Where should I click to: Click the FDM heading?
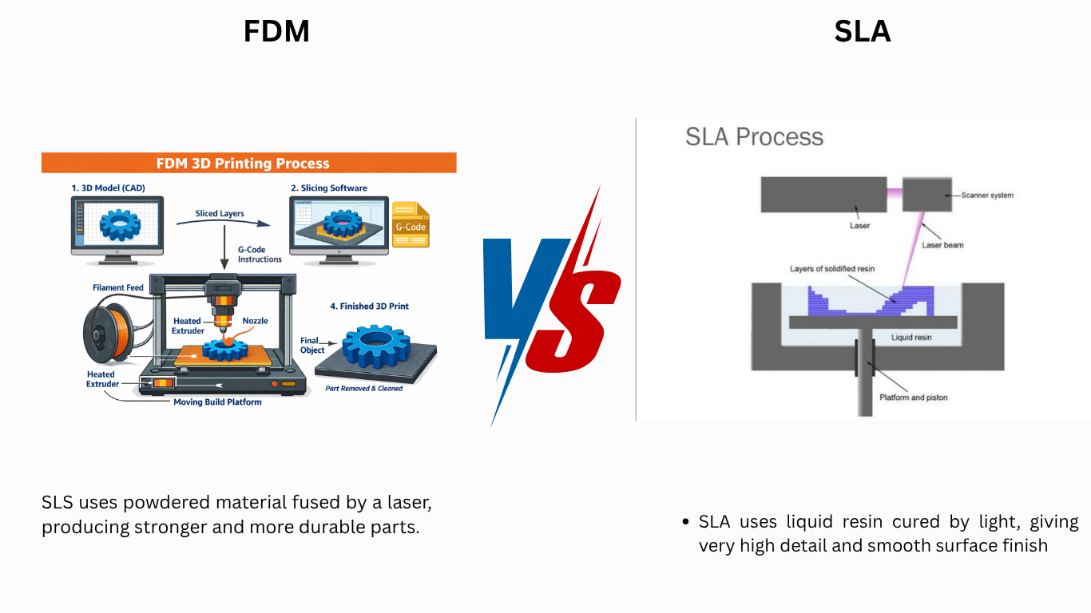click(x=276, y=32)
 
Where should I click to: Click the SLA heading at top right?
click(x=863, y=32)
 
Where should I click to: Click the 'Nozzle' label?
click(x=256, y=321)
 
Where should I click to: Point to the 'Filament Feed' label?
click(x=118, y=287)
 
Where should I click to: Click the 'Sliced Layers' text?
click(x=220, y=214)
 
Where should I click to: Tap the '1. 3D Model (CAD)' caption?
click(x=108, y=188)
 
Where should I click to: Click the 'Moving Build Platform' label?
click(x=217, y=402)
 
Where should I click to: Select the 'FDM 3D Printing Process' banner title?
click(x=248, y=164)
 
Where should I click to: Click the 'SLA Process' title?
click(x=754, y=136)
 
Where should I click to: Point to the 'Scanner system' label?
click(x=987, y=195)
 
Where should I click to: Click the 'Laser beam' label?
click(x=942, y=245)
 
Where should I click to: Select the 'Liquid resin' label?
click(x=911, y=338)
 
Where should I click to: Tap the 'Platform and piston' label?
click(x=913, y=397)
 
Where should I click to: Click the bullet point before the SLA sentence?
click(x=685, y=522)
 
